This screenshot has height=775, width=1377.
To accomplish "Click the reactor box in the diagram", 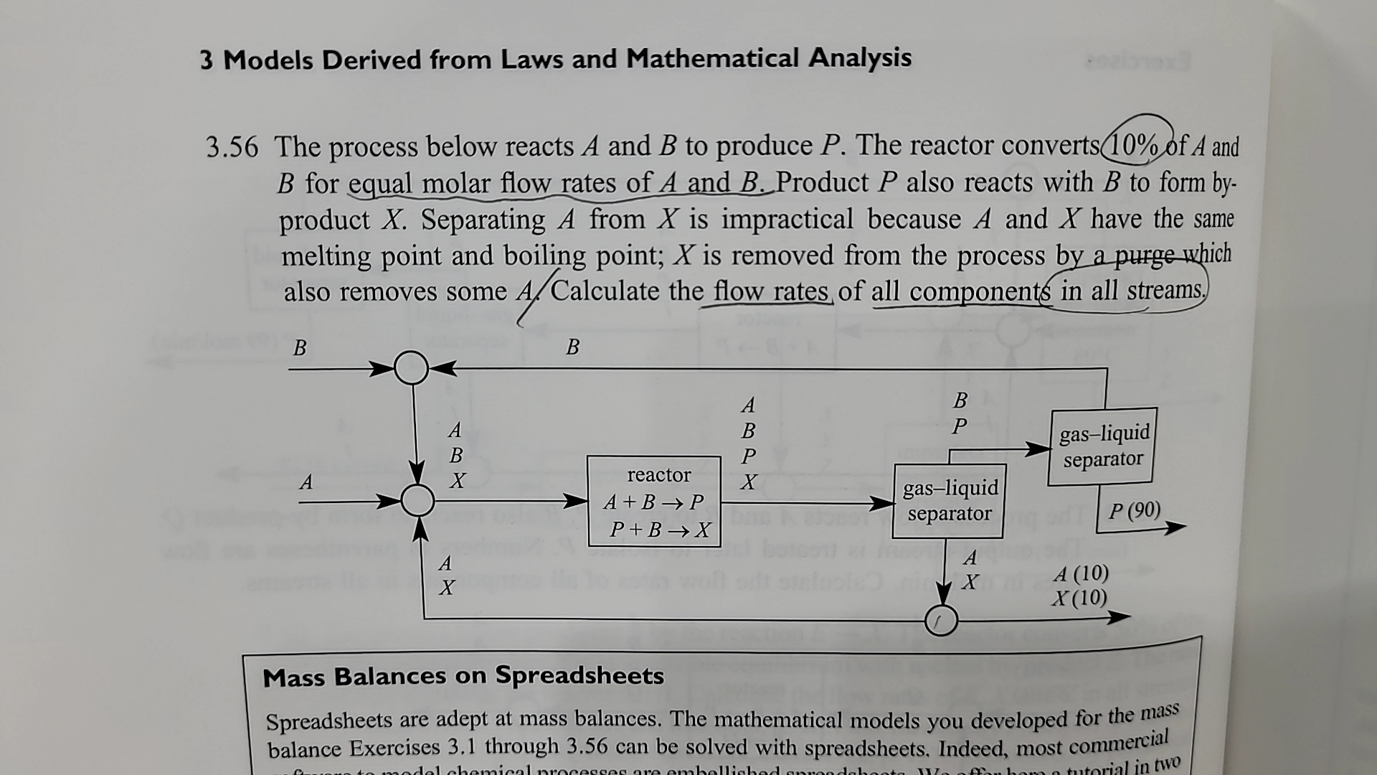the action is (x=653, y=501).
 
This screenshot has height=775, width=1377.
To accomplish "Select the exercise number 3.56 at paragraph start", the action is (x=232, y=147).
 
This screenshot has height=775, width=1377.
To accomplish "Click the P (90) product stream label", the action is (x=1134, y=510).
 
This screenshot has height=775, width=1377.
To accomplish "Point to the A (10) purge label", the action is (x=1081, y=574).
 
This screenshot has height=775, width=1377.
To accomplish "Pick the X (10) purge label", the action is (x=1079, y=598).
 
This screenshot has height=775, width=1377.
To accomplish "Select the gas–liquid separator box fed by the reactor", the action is (x=950, y=501).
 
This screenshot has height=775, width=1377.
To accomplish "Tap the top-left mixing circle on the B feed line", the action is (x=411, y=368).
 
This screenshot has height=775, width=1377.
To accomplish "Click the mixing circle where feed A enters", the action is (x=417, y=500).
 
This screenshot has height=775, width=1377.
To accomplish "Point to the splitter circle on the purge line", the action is (x=940, y=619).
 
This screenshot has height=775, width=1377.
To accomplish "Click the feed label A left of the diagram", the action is (x=306, y=482).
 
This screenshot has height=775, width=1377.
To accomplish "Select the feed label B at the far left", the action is (x=300, y=347).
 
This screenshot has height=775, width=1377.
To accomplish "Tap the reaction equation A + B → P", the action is (x=653, y=502).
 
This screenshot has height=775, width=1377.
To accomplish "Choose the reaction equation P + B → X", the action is (x=659, y=530).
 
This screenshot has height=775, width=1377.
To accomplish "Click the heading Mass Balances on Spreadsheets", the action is (x=463, y=676).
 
